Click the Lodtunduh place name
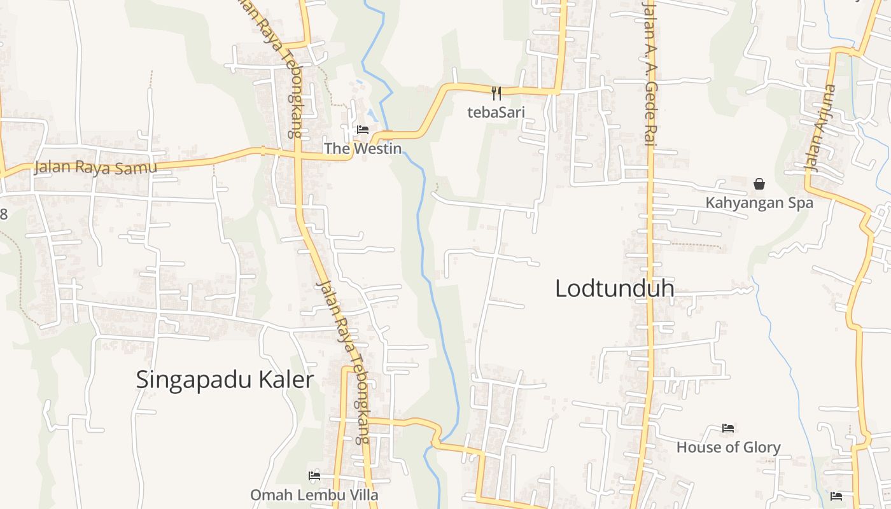pyautogui.click(x=614, y=288)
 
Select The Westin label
pyautogui.click(x=363, y=149)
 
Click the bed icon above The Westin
pyautogui.click(x=363, y=130)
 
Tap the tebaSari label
pyautogui.click(x=496, y=113)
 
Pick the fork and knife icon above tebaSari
pyautogui.click(x=496, y=94)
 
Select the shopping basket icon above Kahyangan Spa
pyautogui.click(x=759, y=185)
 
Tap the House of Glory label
pyautogui.click(x=728, y=447)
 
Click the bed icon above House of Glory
pyautogui.click(x=728, y=428)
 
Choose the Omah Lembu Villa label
pyautogui.click(x=314, y=495)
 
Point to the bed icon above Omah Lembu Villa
pyautogui.click(x=314, y=475)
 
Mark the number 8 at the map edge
pyautogui.click(x=4, y=214)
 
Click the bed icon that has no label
pyautogui.click(x=836, y=496)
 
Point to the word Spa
pyautogui.click(x=800, y=203)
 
